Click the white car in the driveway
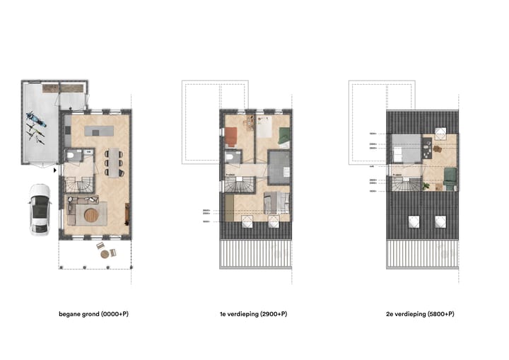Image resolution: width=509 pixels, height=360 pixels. (40, 209)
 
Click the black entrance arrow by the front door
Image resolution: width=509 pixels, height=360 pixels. (55, 170)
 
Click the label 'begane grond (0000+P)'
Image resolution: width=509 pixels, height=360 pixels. (93, 313)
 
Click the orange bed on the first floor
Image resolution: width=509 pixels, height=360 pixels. (232, 134)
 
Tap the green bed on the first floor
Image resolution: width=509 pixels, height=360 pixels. (282, 137)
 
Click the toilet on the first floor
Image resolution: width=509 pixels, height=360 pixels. (231, 157)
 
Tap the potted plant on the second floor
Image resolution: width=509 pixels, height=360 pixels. (427, 185)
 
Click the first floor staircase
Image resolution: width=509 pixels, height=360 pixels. (240, 185)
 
